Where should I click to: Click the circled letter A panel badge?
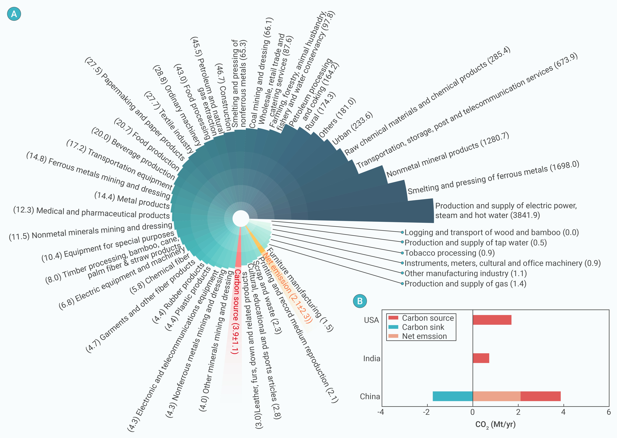click(14, 14)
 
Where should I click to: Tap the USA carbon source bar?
click(492, 320)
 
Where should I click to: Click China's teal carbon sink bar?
click(453, 396)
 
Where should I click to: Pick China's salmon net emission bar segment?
click(496, 396)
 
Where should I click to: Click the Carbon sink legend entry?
click(416, 327)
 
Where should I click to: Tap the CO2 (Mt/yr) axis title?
click(495, 425)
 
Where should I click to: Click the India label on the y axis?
click(372, 358)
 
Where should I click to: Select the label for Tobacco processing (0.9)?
click(449, 253)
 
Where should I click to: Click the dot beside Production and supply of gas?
click(402, 283)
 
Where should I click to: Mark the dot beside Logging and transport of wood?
click(402, 232)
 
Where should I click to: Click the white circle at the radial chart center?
click(241, 219)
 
